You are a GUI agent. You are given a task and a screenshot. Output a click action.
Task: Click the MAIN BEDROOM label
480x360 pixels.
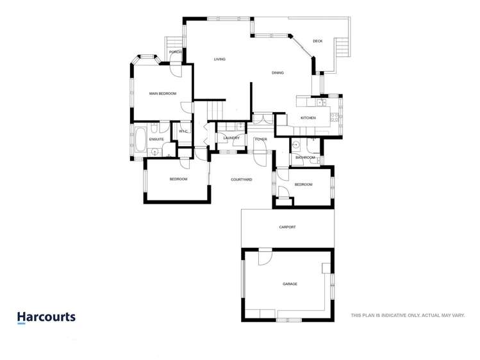pyautogui.click(x=163, y=94)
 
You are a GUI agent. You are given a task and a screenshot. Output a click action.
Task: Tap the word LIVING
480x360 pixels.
pyautogui.click(x=220, y=60)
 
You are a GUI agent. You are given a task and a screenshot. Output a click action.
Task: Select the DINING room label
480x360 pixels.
pyautogui.click(x=277, y=73)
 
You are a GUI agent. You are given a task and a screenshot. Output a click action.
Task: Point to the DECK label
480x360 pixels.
pyautogui.click(x=317, y=41)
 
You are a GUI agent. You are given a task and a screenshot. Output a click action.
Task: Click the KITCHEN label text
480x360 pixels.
pyautogui.click(x=308, y=118)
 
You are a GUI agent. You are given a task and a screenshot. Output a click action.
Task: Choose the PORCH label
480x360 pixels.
pyautogui.click(x=175, y=52)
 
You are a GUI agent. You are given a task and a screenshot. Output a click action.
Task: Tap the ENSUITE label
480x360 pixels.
pyautogui.click(x=156, y=139)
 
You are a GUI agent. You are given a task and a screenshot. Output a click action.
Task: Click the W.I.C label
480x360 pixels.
pyautogui.click(x=183, y=131)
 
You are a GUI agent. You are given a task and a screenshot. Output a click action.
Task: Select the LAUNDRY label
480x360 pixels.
pyautogui.click(x=231, y=138)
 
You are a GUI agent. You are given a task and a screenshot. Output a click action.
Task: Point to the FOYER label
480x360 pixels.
pyautogui.click(x=261, y=139)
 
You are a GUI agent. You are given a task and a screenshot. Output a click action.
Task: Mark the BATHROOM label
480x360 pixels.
pyautogui.click(x=305, y=157)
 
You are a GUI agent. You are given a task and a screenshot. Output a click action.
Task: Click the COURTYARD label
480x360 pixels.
pyautogui.click(x=241, y=179)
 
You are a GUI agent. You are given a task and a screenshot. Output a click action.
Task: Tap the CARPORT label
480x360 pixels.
pyautogui.click(x=287, y=227)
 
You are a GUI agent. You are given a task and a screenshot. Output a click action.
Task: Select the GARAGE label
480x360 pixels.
pyautogui.click(x=290, y=284)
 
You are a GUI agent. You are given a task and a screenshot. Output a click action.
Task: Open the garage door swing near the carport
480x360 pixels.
pyautogui.click(x=264, y=257)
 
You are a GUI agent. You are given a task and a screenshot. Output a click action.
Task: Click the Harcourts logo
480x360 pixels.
pyautogui.click(x=46, y=317)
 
